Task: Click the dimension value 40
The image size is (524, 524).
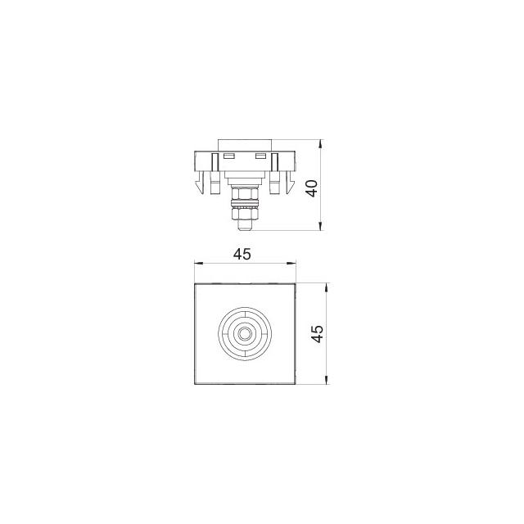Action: click(x=313, y=188)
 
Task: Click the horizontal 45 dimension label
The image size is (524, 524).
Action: click(x=242, y=255)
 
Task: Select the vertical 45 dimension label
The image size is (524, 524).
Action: click(x=317, y=333)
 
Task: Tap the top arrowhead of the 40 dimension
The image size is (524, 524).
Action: click(x=320, y=144)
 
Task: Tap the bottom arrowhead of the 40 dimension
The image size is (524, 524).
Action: click(x=320, y=226)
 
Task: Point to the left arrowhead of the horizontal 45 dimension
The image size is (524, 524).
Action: click(x=199, y=264)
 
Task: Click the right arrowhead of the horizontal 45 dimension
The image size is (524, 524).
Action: click(x=291, y=264)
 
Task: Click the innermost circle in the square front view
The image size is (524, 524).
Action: click(x=245, y=333)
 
